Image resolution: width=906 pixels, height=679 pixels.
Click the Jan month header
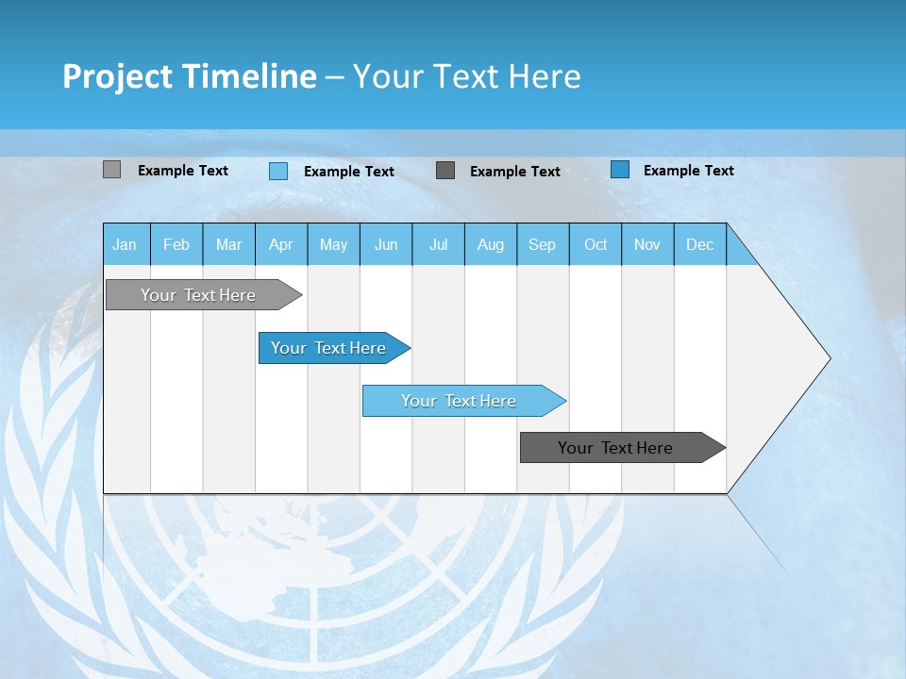coord(125,245)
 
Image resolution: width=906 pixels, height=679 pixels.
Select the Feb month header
coord(176,245)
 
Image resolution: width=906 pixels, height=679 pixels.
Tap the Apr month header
coord(281,245)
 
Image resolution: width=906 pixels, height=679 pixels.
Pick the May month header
coord(333,245)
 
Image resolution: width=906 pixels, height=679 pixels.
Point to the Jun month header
coord(386,245)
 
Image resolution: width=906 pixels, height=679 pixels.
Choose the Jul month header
coord(438,245)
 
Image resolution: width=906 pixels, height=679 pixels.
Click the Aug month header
coord(491,245)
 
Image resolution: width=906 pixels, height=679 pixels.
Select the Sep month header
coord(543,245)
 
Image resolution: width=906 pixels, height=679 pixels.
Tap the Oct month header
coord(596,245)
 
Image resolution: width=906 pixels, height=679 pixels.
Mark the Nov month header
coord(647,245)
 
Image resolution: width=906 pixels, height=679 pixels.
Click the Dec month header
coord(700,245)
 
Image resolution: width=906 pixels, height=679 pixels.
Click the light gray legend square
coord(111,170)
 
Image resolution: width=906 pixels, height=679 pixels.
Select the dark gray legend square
coord(445,170)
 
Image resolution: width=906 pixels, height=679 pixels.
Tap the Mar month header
coord(228,245)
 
